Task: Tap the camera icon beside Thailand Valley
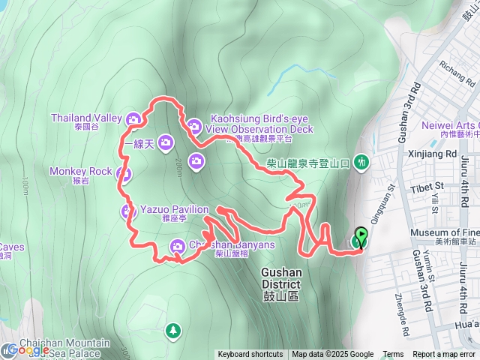tap(133, 118)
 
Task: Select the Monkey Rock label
tap(80, 171)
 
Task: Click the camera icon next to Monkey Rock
tap(124, 175)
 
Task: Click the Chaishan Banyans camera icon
tap(178, 244)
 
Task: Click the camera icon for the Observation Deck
tap(193, 125)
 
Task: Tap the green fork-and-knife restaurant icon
tap(363, 160)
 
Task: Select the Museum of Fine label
tap(445, 232)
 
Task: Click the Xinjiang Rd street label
tap(435, 153)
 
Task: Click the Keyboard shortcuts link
tap(250, 355)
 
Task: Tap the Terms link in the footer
tap(393, 355)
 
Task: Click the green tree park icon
tap(173, 329)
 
